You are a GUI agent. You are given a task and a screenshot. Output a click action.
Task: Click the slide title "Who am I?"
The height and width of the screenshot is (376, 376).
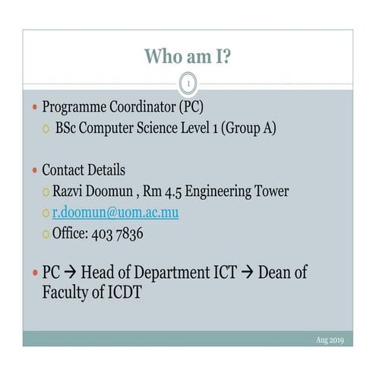click(x=188, y=56)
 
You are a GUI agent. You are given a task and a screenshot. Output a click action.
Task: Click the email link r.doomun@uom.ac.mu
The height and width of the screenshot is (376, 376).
click(x=115, y=213)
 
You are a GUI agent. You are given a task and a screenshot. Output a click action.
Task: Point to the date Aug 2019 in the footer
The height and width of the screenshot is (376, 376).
click(x=330, y=340)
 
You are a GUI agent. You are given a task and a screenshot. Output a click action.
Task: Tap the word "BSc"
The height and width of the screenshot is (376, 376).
click(x=68, y=128)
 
